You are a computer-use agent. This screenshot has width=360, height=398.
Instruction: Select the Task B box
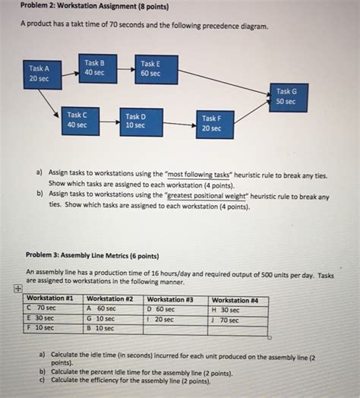click(95, 68)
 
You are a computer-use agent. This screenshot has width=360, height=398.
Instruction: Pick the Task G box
click(287, 97)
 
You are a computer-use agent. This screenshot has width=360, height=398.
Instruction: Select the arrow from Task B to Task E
click(123, 69)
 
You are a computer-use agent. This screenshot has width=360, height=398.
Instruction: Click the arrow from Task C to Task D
click(111, 122)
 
